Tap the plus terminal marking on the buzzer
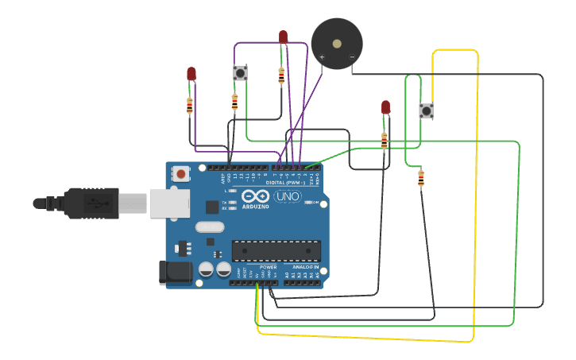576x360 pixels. point(322,57)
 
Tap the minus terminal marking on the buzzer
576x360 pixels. point(352,57)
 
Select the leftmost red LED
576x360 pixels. point(191,73)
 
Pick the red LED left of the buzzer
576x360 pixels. point(283,37)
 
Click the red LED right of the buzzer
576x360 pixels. point(385,106)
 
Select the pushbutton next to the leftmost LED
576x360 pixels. point(240,73)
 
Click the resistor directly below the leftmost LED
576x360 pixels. point(189,106)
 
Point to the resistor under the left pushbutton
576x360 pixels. point(234,102)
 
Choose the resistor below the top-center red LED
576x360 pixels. point(281,75)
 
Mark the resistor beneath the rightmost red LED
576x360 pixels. point(385,141)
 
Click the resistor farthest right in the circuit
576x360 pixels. point(420,179)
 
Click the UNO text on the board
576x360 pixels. point(287,196)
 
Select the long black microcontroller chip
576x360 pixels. point(276,250)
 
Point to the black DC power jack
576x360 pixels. point(174,273)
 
